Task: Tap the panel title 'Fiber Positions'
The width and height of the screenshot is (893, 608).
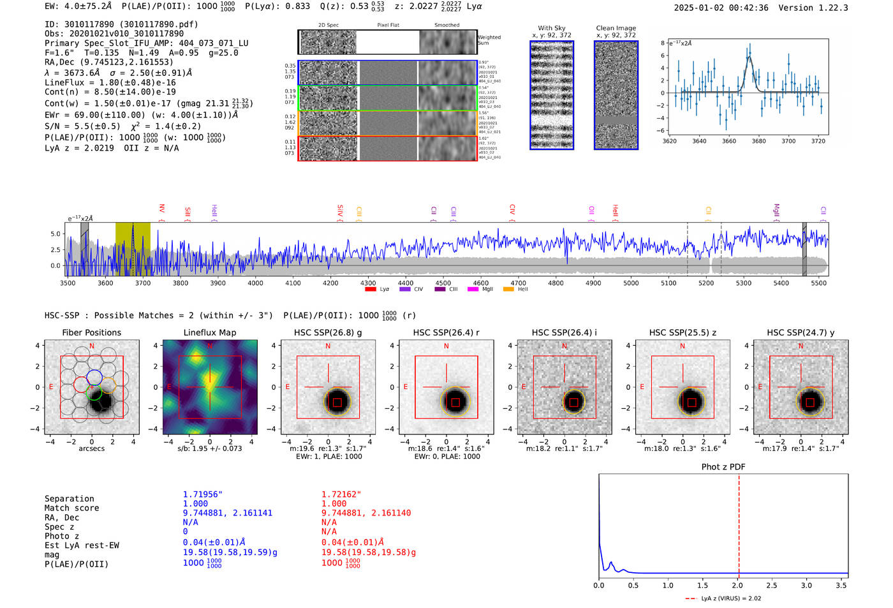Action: click(x=91, y=332)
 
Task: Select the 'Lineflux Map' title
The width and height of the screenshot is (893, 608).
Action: click(x=209, y=332)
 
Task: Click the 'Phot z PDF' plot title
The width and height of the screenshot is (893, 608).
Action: click(x=723, y=466)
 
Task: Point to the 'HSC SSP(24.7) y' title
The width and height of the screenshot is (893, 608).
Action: click(x=801, y=332)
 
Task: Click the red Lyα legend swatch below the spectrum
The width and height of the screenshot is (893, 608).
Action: click(x=370, y=289)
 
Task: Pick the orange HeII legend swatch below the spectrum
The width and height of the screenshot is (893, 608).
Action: click(x=508, y=289)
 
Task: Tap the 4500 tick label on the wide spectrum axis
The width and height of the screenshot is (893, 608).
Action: click(x=443, y=283)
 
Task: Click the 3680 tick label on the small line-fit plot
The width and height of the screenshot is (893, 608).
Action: click(x=758, y=141)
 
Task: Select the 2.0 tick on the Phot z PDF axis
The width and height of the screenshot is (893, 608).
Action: click(x=737, y=585)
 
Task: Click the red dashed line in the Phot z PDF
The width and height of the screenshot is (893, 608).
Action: click(x=739, y=523)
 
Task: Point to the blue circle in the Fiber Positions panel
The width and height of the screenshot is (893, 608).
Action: click(x=94, y=377)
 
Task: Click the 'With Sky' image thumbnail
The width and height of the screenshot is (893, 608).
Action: click(x=552, y=95)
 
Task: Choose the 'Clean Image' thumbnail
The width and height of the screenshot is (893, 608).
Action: click(x=616, y=95)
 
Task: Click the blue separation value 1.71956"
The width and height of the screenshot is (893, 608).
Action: click(x=202, y=494)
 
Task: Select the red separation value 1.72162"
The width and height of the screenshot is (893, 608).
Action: click(x=341, y=494)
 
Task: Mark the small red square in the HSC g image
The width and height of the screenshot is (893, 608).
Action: click(x=337, y=402)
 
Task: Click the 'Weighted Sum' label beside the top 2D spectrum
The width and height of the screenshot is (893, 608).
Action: click(x=489, y=40)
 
